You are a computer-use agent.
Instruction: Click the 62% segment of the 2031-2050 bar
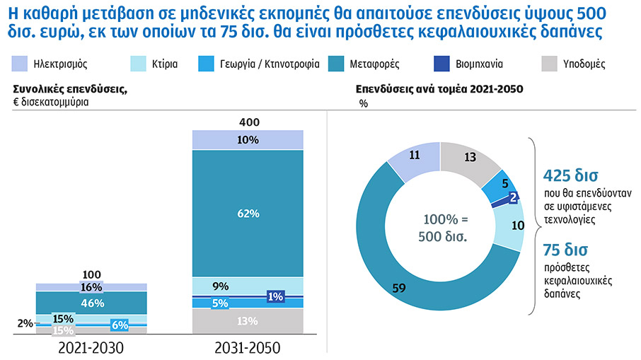coord(248,212)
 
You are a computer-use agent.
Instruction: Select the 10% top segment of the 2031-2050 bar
coord(248,140)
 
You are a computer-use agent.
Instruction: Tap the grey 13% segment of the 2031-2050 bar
coord(248,321)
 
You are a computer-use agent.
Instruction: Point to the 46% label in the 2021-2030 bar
coord(92,303)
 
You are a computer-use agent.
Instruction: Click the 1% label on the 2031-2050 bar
coord(275,297)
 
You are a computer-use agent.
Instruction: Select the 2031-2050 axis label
coord(248,348)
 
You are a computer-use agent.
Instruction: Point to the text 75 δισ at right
coord(565,250)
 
